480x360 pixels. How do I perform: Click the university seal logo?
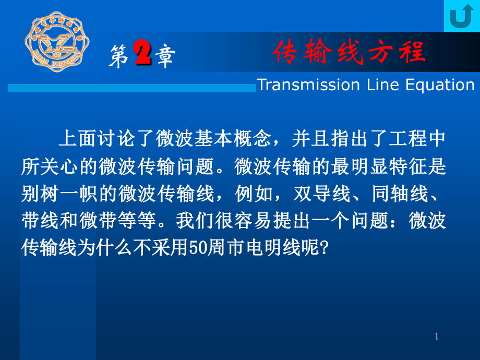[x=58, y=41]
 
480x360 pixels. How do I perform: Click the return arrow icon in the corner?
[x=461, y=16]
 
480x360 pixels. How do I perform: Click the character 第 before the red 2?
[x=118, y=56]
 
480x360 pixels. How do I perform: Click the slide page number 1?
[x=437, y=337]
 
